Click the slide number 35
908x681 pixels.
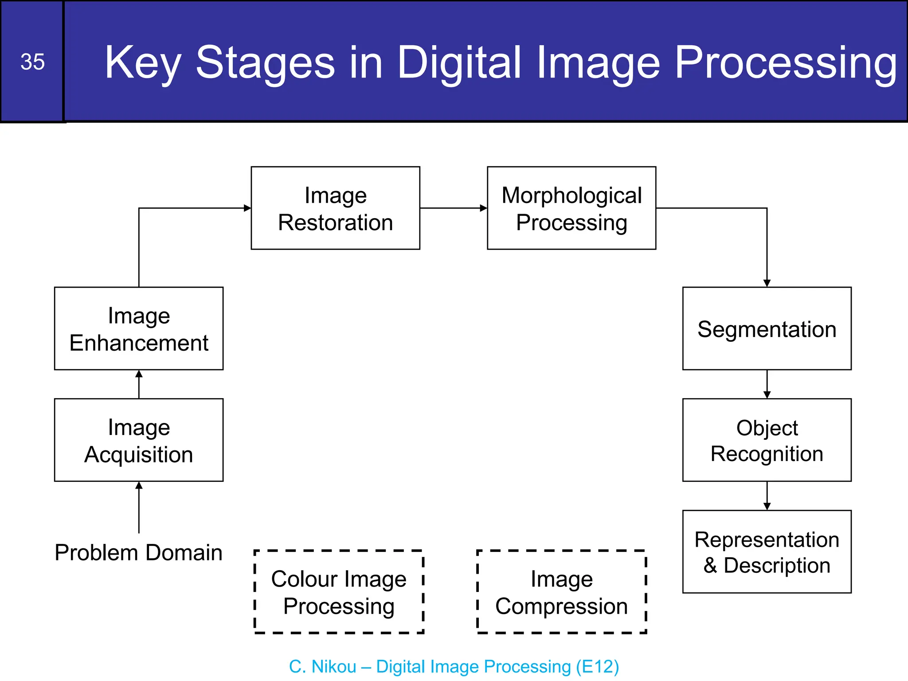[32, 62]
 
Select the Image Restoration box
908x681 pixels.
[335, 208]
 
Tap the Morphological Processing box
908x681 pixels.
[571, 208]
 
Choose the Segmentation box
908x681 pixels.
[767, 329]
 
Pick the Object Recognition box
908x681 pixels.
[767, 440]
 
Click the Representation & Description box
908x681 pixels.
[767, 552]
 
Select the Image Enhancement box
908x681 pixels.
[139, 329]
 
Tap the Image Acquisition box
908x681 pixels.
[139, 440]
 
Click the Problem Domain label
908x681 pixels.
[139, 553]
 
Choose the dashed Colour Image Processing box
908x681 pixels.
[339, 592]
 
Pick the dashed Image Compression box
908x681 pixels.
[561, 592]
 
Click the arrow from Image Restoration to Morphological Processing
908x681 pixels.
[453, 208]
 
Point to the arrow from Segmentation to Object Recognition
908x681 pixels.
[767, 384]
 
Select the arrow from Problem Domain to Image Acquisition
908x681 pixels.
[139, 508]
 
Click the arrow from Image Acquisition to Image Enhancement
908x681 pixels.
[139, 384]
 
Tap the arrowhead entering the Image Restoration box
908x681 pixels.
[247, 208]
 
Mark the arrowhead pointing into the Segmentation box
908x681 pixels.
[767, 283]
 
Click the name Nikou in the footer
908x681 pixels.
[334, 667]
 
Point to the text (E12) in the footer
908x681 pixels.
[597, 667]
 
